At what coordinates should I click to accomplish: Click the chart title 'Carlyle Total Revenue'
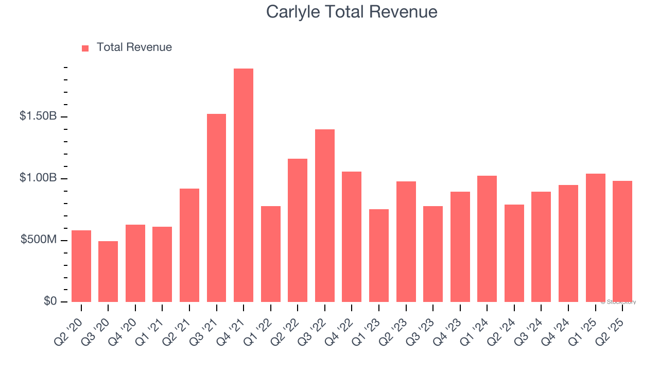[352, 12]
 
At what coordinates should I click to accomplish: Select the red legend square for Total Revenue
[85, 48]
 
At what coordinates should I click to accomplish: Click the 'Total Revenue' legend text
[134, 47]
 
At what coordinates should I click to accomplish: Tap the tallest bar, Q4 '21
[244, 185]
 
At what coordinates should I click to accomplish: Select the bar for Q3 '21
[216, 208]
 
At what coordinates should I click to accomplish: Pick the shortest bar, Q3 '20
[108, 272]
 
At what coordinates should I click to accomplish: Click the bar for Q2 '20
[81, 266]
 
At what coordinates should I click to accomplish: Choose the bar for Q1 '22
[271, 254]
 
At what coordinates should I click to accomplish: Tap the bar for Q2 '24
[514, 253]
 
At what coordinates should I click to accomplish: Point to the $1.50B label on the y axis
[38, 116]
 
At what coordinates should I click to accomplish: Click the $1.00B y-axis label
[38, 178]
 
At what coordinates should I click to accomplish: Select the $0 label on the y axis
[50, 301]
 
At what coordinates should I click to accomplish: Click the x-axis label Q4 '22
[345, 325]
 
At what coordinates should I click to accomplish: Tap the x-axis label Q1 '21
[155, 325]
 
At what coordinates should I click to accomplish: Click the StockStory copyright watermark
[618, 302]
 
